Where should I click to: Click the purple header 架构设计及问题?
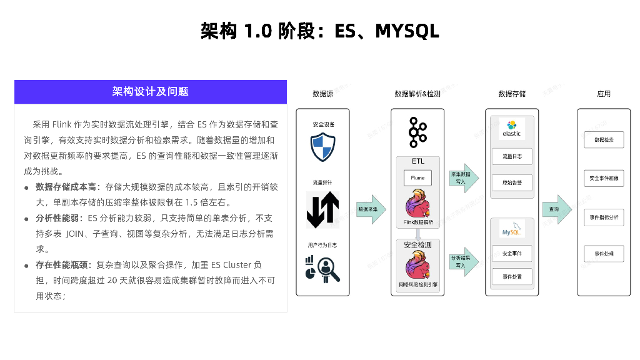click(150, 92)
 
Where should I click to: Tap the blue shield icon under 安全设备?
click(323, 147)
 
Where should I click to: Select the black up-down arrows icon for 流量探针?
click(323, 210)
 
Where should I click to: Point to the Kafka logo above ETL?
click(417, 132)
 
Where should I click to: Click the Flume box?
click(417, 178)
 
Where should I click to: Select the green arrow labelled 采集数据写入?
click(464, 178)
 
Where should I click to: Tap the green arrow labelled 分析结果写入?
click(464, 261)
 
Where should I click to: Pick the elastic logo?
click(512, 129)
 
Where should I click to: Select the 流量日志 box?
click(512, 156)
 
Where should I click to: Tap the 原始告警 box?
click(512, 182)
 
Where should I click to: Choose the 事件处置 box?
click(512, 276)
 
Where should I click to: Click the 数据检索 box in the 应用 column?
click(604, 140)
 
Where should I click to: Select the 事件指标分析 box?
click(604, 217)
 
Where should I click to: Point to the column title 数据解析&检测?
click(417, 94)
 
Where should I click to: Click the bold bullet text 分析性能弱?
click(58, 218)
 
